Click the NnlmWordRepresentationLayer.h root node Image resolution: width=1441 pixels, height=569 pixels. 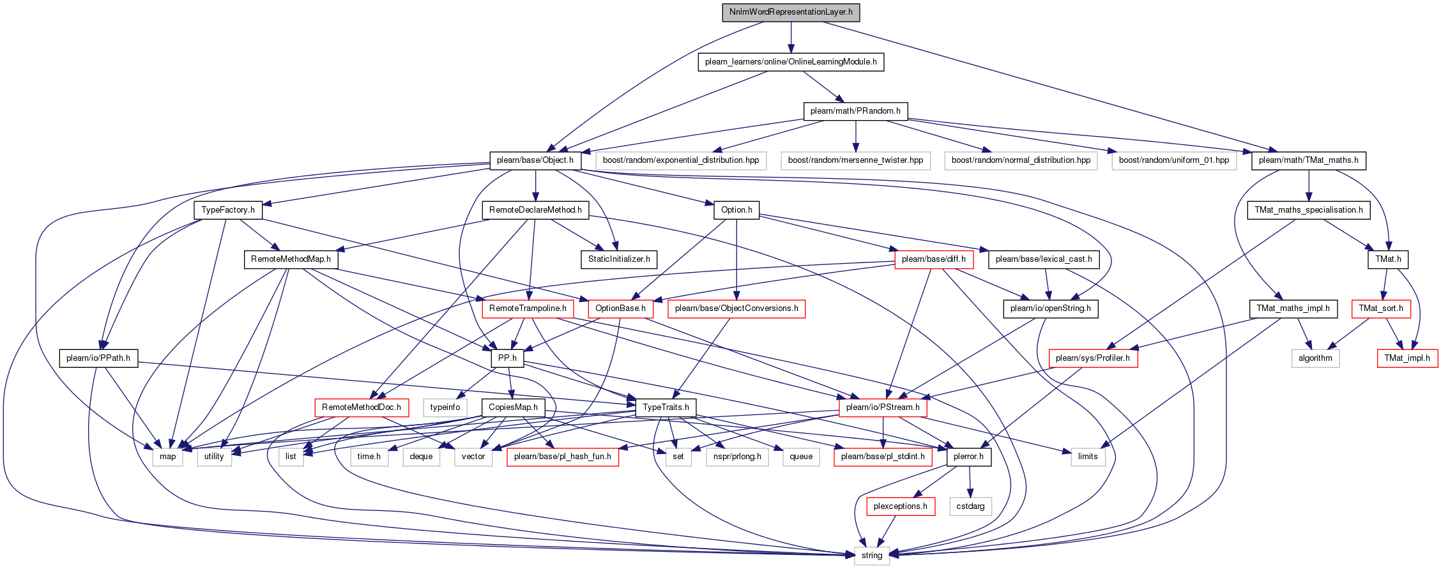[x=791, y=12]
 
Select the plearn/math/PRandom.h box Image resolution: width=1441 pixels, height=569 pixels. [x=855, y=111]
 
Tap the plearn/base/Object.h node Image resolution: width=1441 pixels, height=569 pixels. [x=535, y=160]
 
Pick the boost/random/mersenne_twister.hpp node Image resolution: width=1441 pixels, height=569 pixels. [x=855, y=160]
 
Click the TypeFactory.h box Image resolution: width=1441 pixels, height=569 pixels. [x=228, y=210]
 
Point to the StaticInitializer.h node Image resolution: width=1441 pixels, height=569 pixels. [x=619, y=259]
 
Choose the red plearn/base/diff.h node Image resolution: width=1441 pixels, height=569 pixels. [x=933, y=259]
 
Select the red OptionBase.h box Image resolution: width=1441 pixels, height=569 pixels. [x=620, y=309]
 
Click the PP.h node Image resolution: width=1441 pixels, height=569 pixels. [x=508, y=358]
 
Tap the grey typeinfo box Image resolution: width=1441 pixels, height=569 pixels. [x=445, y=407]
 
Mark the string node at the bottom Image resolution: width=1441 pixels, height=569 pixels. [x=872, y=556]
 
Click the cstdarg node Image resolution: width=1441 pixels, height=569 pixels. [x=970, y=506]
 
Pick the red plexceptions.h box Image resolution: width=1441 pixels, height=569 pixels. [x=901, y=506]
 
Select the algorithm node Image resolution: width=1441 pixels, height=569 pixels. [x=1315, y=358]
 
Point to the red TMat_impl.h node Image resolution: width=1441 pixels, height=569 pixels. [x=1407, y=358]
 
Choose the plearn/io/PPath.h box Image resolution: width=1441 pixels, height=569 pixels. [x=98, y=358]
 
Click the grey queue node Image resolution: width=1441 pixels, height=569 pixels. [x=801, y=457]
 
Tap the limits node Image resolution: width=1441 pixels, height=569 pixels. [x=1088, y=457]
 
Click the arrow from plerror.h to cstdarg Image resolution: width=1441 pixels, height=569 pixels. [x=970, y=482]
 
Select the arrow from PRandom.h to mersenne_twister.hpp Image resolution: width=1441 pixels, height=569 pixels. [x=855, y=136]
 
